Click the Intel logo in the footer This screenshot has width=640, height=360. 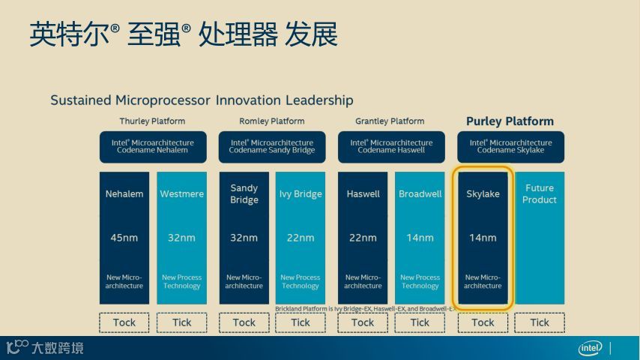pyautogui.click(x=590, y=348)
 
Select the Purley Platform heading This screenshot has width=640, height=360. pyautogui.click(x=510, y=121)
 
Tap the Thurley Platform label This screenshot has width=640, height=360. pyautogui.click(x=152, y=121)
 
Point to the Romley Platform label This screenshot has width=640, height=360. pyautogui.click(x=271, y=121)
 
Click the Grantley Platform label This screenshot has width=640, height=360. pyautogui.click(x=390, y=121)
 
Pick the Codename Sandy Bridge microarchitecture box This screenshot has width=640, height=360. pyautogui.click(x=272, y=146)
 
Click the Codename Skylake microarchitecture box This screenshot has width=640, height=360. pyautogui.click(x=510, y=146)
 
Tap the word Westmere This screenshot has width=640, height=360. pyautogui.click(x=181, y=194)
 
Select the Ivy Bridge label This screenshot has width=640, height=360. pyautogui.click(x=301, y=194)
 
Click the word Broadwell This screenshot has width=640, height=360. pyautogui.click(x=420, y=194)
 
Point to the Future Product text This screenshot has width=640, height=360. pyautogui.click(x=540, y=194)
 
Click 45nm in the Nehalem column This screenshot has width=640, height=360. pyautogui.click(x=124, y=238)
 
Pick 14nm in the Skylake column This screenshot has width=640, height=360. pyautogui.click(x=483, y=238)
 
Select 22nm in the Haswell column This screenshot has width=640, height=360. pyautogui.click(x=363, y=238)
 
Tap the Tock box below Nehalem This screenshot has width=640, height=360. pyautogui.click(x=124, y=322)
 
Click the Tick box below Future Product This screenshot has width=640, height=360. pyautogui.click(x=540, y=322)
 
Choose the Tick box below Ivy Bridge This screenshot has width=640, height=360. pyautogui.click(x=301, y=322)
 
